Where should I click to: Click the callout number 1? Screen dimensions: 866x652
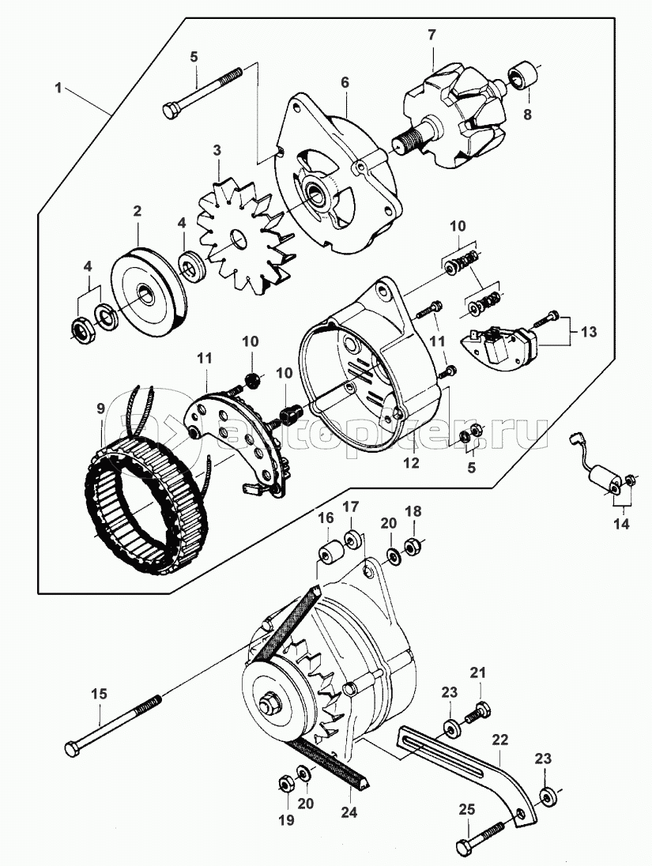tap(58, 88)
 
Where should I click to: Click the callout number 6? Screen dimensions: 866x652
tap(345, 82)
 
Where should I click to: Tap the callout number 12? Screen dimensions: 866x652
tap(410, 465)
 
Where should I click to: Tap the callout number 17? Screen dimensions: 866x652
tap(350, 506)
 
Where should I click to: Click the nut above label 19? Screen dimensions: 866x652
tap(285, 784)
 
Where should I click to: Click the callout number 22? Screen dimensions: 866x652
tap(499, 740)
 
